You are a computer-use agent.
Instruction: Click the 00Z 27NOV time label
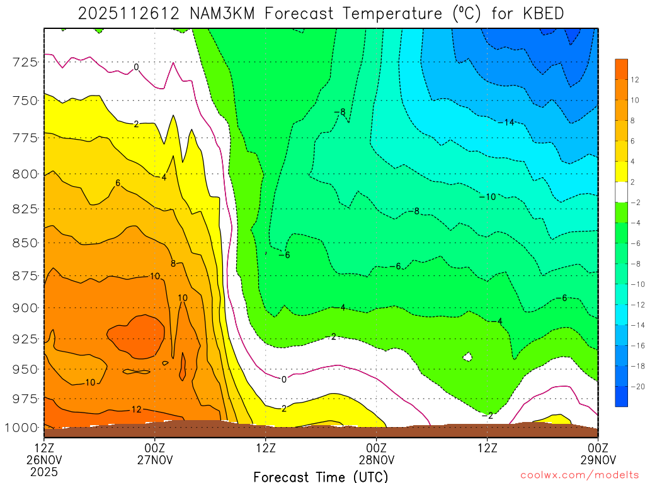click(x=155, y=454)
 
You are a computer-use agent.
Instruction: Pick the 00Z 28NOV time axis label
click(x=376, y=454)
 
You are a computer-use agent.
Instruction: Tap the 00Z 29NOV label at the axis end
click(x=597, y=454)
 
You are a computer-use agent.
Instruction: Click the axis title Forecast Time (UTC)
click(x=321, y=476)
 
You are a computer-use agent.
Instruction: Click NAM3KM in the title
click(x=215, y=13)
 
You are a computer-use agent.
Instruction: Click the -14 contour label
click(x=506, y=122)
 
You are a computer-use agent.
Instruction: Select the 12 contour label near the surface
click(x=136, y=409)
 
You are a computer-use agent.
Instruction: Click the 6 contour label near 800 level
click(x=118, y=183)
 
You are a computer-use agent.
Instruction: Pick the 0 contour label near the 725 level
click(x=136, y=67)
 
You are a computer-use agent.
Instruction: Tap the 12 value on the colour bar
click(x=635, y=80)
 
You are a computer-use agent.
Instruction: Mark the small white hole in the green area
click(x=467, y=357)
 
